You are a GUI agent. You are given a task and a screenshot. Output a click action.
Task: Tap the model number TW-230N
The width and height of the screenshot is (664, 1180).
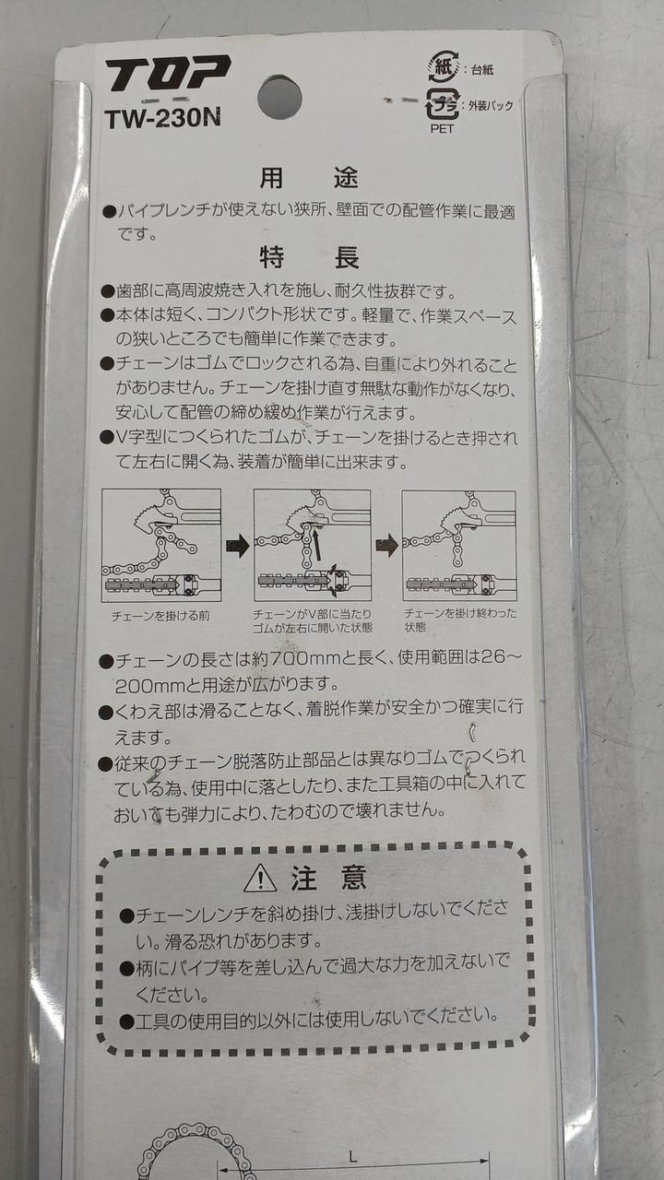click(x=162, y=119)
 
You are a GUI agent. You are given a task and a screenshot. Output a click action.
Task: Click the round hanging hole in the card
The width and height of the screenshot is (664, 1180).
click(x=279, y=98)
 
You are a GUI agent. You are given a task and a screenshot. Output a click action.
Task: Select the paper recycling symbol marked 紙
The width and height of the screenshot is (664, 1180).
click(x=444, y=67)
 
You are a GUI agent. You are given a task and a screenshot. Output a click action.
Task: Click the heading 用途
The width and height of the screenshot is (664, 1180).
click(x=309, y=178)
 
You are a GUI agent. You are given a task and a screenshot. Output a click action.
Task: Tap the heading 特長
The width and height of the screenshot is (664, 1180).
click(x=309, y=257)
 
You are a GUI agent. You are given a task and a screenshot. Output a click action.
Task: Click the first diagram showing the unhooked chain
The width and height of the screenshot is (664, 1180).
click(x=161, y=545)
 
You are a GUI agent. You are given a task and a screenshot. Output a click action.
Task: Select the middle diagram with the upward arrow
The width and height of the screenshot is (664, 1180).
click(x=313, y=545)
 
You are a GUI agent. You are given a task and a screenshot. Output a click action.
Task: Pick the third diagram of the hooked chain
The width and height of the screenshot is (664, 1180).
click(x=459, y=546)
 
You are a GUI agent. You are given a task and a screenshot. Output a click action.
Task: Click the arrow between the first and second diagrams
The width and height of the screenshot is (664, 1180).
click(x=238, y=547)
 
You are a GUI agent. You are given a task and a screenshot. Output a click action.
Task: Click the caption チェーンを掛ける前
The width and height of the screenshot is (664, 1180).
click(x=160, y=615)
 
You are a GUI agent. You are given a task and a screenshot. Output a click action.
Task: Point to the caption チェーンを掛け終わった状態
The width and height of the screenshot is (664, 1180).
click(x=460, y=620)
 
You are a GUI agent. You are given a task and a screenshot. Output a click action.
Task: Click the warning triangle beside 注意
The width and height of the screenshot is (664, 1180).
click(x=260, y=879)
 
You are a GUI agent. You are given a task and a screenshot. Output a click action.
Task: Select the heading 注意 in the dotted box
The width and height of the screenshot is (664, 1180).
click(x=328, y=877)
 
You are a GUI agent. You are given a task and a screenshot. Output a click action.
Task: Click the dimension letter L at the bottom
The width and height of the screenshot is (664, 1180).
click(x=352, y=1156)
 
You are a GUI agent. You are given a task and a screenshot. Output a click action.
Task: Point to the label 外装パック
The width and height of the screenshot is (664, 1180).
click(x=491, y=105)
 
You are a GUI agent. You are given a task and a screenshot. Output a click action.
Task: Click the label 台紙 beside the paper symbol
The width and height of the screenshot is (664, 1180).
click(x=482, y=69)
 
